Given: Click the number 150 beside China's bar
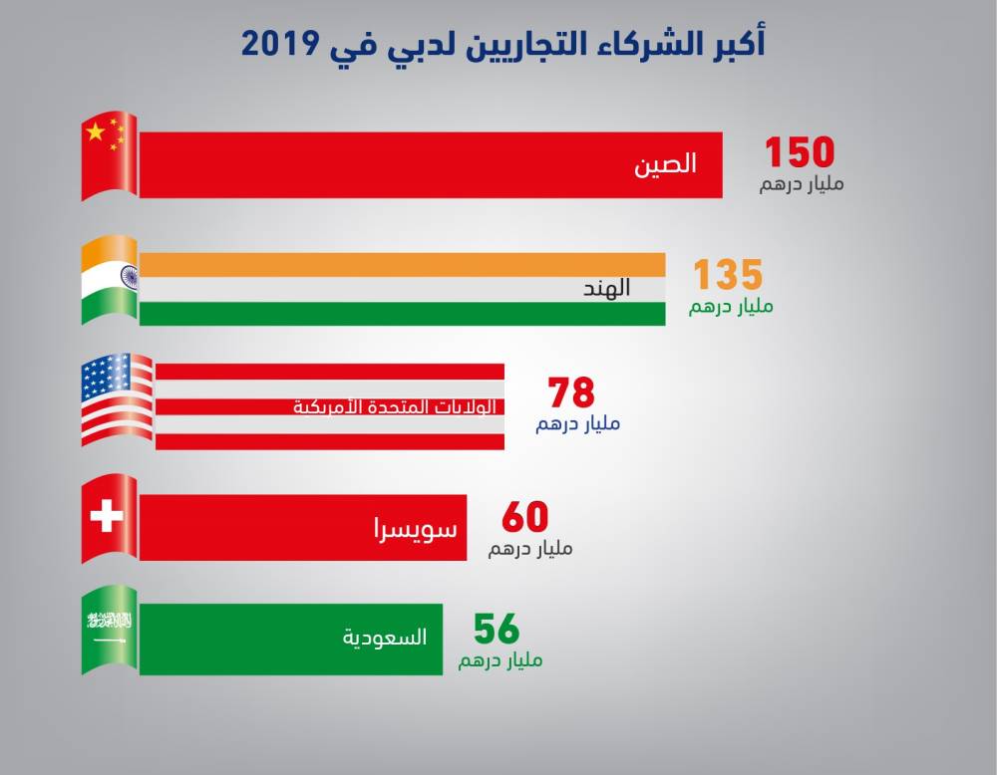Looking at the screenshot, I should [x=799, y=152].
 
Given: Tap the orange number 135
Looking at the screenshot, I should [x=728, y=274].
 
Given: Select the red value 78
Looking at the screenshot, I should [x=571, y=392].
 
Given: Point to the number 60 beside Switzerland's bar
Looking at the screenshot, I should [x=525, y=517].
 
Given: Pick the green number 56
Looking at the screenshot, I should [x=497, y=630].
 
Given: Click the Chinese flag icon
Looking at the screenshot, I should [x=109, y=155].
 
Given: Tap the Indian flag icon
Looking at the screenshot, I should [x=109, y=280].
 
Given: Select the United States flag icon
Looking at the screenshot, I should [x=116, y=399].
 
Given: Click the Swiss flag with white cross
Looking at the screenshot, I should [x=108, y=518].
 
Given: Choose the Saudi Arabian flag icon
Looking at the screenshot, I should [x=109, y=629].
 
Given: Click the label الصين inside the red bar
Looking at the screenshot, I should [x=665, y=164].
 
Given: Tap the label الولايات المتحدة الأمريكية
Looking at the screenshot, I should [x=395, y=407].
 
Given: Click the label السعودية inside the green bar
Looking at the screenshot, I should [x=385, y=638].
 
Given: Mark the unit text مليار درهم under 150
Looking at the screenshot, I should [x=801, y=184].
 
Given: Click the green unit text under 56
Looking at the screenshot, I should [x=500, y=660].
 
